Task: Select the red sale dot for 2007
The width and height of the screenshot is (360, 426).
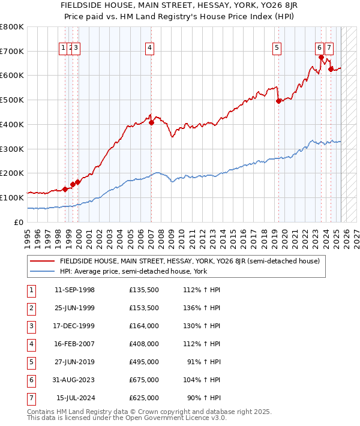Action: pos(151,122)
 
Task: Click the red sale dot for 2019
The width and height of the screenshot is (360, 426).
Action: pos(278,101)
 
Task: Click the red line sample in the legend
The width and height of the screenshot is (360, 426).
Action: pos(43,261)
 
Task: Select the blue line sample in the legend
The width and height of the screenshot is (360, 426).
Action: pos(43,271)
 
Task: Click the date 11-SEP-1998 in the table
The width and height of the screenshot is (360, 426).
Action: pos(74,290)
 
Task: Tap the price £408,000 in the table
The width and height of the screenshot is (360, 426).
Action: pos(144,345)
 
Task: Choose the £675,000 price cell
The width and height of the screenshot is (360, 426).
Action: pos(144,379)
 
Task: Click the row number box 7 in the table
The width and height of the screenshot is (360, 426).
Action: pos(31,398)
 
